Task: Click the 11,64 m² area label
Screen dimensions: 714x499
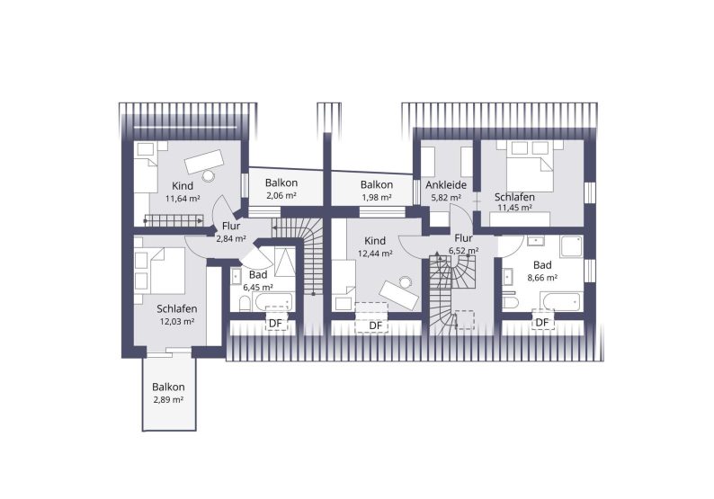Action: (183, 199)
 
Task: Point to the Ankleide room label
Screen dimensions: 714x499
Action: (446, 185)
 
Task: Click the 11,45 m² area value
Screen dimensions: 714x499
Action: (514, 208)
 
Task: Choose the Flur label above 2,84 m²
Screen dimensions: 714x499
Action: (231, 227)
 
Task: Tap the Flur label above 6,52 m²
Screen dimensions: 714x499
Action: (463, 238)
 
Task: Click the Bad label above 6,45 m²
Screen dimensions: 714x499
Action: (258, 275)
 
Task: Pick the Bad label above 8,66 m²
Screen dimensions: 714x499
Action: (542, 265)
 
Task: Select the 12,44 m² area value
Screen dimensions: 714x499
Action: (375, 254)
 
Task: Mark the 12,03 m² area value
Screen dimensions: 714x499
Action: (177, 322)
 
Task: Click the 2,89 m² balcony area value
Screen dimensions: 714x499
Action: (168, 400)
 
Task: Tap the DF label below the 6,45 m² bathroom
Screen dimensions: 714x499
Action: (276, 324)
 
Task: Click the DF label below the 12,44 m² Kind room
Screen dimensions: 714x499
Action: (375, 325)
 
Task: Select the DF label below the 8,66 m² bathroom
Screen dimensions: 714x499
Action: (542, 323)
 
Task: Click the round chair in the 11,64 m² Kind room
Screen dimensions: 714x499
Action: (209, 175)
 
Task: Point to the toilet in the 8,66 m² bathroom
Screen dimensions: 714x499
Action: (511, 303)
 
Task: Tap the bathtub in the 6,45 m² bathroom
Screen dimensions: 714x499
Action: (272, 301)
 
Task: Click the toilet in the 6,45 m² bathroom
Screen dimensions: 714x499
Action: (245, 303)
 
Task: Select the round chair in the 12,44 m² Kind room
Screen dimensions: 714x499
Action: (405, 281)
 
